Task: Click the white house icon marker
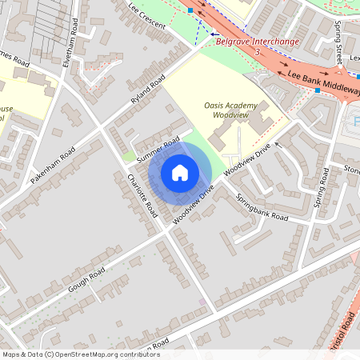[180, 173]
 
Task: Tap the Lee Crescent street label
[146, 15]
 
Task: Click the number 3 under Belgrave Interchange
[258, 51]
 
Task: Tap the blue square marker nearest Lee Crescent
[192, 10]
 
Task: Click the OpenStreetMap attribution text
[80, 354]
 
